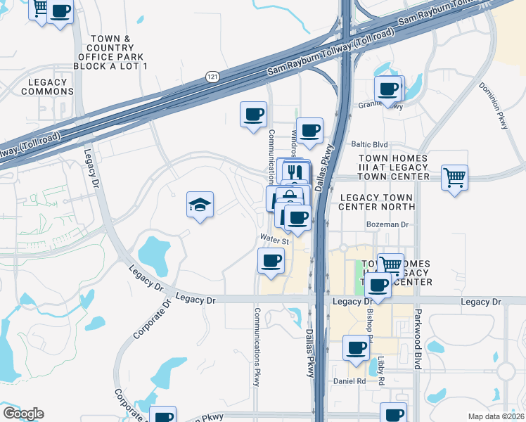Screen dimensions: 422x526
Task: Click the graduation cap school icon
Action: (x=200, y=205)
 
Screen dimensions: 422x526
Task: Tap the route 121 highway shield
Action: (x=211, y=76)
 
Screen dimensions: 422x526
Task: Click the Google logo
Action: (x=23, y=414)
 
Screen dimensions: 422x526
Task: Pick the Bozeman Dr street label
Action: (x=387, y=225)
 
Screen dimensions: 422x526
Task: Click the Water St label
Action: (x=274, y=240)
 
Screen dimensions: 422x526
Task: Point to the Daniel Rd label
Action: (x=350, y=381)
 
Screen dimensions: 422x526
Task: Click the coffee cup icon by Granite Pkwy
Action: (x=388, y=89)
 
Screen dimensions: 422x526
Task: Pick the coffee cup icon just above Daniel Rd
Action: (x=357, y=347)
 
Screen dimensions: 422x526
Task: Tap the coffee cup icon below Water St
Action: (x=271, y=262)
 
